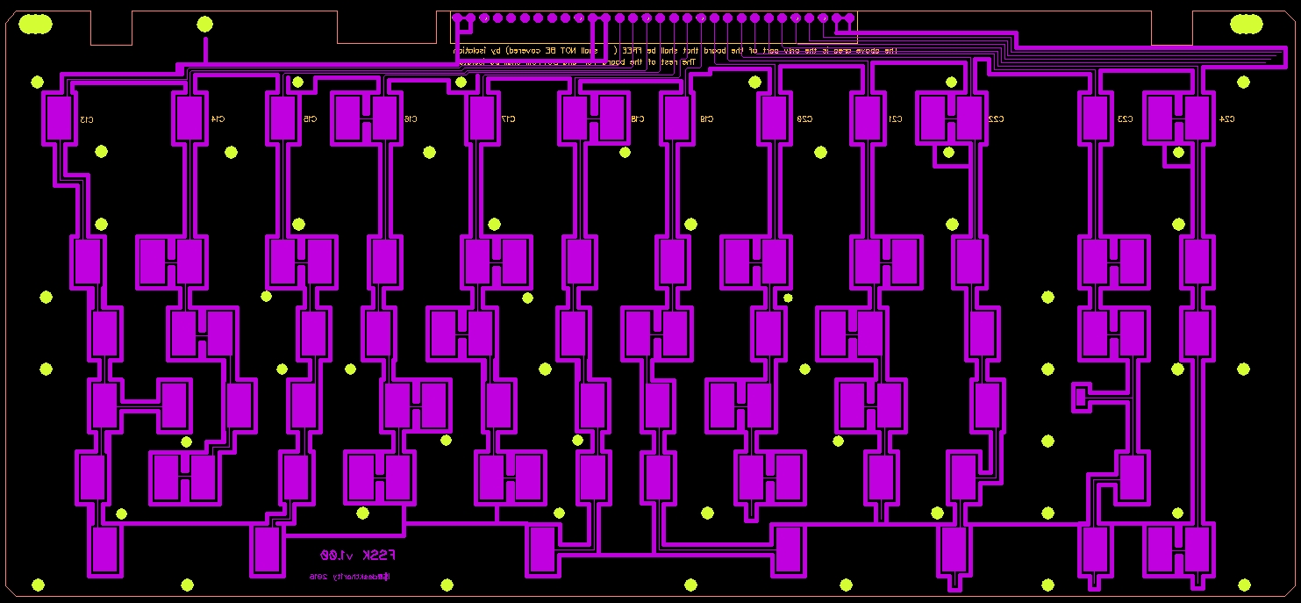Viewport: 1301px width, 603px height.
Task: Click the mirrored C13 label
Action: click(x=87, y=118)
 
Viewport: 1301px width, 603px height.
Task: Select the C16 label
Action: click(x=411, y=118)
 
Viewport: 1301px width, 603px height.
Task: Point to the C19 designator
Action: click(x=707, y=118)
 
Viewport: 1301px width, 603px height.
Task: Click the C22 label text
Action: click(x=996, y=118)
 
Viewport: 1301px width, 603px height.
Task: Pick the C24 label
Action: click(x=1227, y=118)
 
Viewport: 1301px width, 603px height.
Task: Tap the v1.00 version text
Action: click(x=336, y=556)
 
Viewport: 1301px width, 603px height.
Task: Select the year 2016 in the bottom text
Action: click(x=318, y=577)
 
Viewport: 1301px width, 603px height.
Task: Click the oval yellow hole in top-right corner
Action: click(x=1245, y=25)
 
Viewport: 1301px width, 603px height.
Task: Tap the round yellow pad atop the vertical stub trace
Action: click(x=204, y=25)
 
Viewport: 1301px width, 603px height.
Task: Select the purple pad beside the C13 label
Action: click(x=59, y=118)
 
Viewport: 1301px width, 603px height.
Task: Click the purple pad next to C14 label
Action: click(x=189, y=118)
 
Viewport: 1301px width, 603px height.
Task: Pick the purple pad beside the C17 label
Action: click(x=481, y=118)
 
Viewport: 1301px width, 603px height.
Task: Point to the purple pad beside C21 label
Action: click(x=867, y=118)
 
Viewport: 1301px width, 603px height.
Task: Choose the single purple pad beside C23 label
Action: click(x=1094, y=118)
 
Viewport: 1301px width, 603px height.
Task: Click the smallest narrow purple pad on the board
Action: click(x=1079, y=397)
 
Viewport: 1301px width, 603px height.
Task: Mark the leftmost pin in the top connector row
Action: click(x=457, y=18)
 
